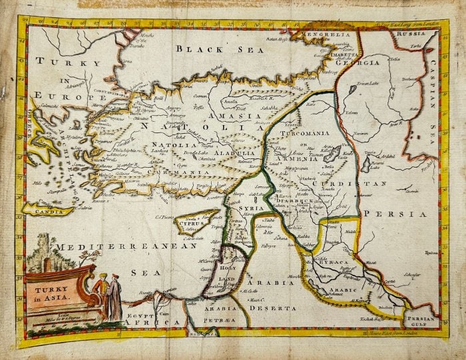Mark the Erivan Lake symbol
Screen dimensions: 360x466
pos(353,89)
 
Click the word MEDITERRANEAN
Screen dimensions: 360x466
pos(126,246)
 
